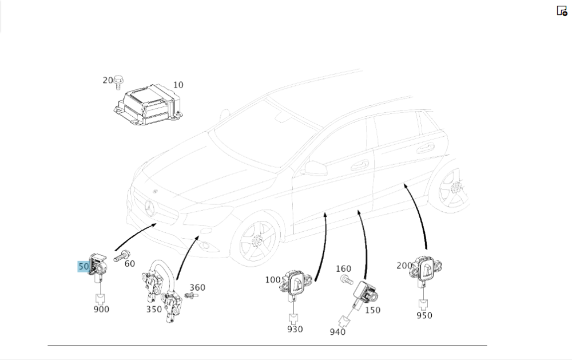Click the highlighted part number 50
coord(84,267)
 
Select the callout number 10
coord(178,85)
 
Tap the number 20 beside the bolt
coord(108,80)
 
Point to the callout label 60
coord(130,263)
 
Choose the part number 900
coord(101,310)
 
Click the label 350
coord(154,309)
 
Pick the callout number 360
coord(197,287)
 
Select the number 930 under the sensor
coord(295,329)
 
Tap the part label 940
coord(337,332)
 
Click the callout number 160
coord(343,268)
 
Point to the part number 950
coord(424,315)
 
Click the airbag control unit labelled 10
coord(147,104)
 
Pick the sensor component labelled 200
coord(426,269)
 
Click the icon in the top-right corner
coord(562,10)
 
